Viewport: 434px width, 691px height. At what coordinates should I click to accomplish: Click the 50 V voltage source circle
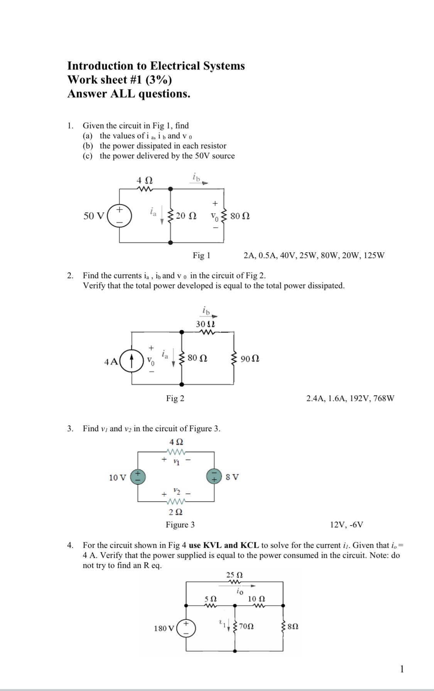[119, 216]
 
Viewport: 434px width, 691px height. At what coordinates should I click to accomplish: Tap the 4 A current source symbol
[132, 362]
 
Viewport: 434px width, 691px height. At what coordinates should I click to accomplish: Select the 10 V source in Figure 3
[137, 477]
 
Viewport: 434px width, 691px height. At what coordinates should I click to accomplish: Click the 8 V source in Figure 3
[214, 476]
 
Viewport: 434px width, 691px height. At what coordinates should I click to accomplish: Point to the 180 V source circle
[186, 628]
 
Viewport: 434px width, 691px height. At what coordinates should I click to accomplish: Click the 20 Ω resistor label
[186, 216]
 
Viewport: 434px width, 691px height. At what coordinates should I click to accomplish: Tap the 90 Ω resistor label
[250, 359]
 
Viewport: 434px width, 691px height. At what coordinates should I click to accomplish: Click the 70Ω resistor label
[246, 626]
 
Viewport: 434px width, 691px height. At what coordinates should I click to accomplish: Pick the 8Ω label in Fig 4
[293, 626]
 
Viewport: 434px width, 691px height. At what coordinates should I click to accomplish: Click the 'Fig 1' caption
[201, 255]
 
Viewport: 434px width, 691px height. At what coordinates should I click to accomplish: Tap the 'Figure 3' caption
[180, 525]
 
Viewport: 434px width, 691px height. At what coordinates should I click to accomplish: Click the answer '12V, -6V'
[346, 525]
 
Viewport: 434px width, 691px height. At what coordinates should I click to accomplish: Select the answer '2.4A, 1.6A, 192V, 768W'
[350, 398]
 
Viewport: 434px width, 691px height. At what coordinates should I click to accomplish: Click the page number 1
[402, 669]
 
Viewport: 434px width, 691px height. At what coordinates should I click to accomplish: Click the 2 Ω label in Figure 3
[176, 512]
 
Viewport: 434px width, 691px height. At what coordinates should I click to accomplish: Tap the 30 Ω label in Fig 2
[205, 324]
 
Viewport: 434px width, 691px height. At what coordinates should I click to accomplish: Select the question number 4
[70, 545]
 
